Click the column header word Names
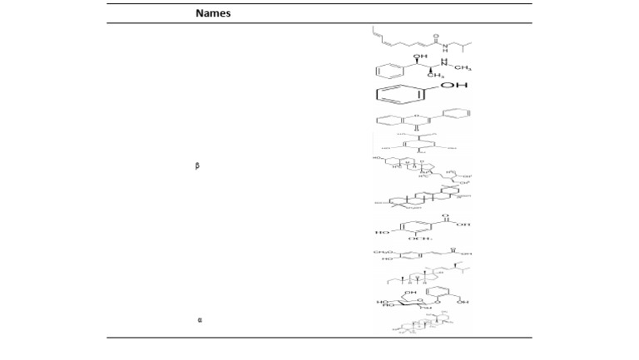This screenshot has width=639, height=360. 213,14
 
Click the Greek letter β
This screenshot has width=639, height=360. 196,166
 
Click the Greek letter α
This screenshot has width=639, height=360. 200,318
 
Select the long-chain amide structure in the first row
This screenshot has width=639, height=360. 421,38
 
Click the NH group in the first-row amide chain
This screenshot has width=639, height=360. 445,46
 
